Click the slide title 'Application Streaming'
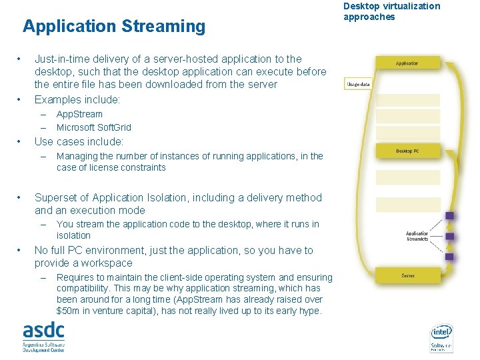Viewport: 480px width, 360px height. pos(114,27)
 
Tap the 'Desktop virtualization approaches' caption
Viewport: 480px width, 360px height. pos(391,11)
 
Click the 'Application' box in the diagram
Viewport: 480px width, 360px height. pos(407,63)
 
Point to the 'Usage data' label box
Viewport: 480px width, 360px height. pos(358,85)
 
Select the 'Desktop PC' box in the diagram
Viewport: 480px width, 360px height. pos(407,151)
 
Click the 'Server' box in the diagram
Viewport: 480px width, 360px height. pos(407,275)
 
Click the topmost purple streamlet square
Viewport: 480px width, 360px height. pos(449,215)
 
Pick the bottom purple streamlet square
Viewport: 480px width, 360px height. pos(449,257)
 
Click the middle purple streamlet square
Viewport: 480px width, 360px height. pos(449,236)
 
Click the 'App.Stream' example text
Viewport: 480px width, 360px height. pos(79,114)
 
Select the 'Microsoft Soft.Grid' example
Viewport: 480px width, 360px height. pos(94,127)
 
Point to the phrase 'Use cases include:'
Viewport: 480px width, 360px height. pos(79,141)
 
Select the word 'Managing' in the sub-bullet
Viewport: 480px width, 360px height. pos(77,156)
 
